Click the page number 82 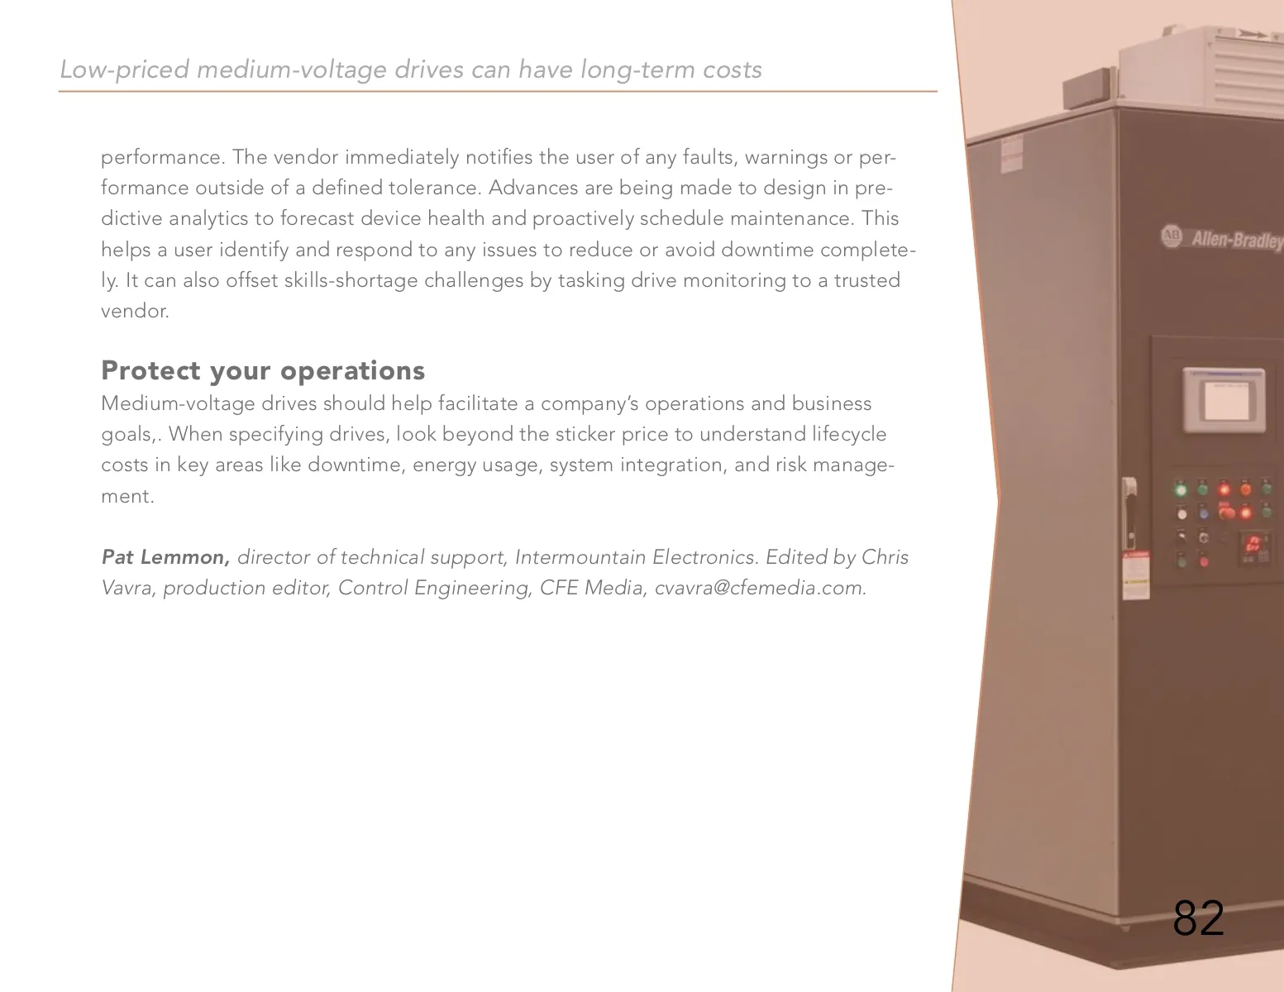(x=1198, y=918)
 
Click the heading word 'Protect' (x=151, y=370)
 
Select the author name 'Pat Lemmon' (x=165, y=556)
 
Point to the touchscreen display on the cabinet (x=1224, y=401)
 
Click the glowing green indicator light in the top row (x=1181, y=489)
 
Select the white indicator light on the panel (x=1181, y=514)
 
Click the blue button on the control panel (x=1204, y=513)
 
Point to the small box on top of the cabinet (x=1086, y=88)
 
